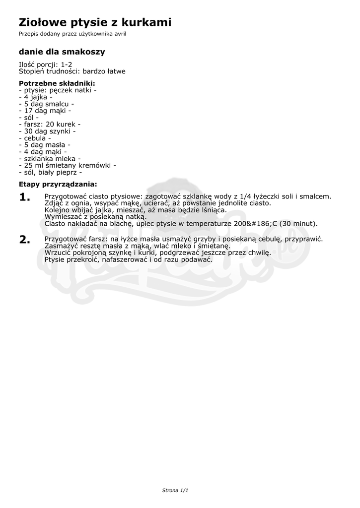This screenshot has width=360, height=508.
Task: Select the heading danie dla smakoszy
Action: [x=62, y=52]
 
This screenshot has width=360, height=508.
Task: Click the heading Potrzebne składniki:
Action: [x=57, y=83]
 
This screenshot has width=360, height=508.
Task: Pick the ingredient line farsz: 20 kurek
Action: [x=49, y=125]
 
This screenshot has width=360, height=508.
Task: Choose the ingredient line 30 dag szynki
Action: [x=47, y=131]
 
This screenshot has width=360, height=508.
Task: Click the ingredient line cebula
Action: [x=35, y=138]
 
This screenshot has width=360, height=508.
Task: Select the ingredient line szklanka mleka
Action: [x=49, y=159]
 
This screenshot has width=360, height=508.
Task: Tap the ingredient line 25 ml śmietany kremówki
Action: [x=67, y=166]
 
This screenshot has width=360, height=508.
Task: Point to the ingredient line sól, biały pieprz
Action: [x=50, y=173]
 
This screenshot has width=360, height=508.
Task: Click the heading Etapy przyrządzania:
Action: [x=58, y=185]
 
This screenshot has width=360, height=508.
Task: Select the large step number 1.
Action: [x=25, y=197]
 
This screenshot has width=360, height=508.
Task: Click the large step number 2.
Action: [x=25, y=240]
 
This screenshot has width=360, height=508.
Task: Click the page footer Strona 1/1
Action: [x=175, y=490]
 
